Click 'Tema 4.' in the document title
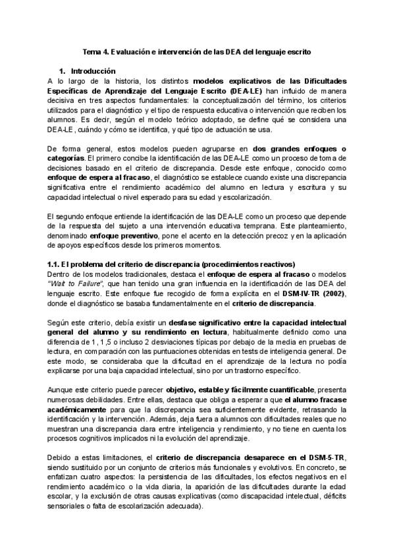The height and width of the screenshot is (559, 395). coord(97,50)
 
